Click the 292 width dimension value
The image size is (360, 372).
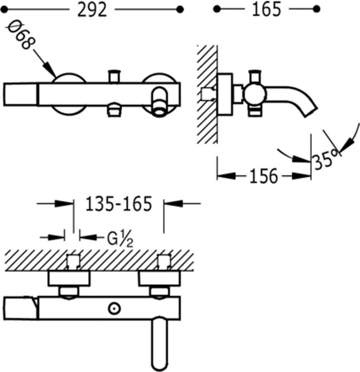(92, 10)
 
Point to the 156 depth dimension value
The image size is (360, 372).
(264, 176)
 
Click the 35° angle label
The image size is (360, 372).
(326, 159)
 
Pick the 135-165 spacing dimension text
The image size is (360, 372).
(119, 204)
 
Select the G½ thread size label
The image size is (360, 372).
(120, 239)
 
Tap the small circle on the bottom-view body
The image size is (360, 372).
(113, 308)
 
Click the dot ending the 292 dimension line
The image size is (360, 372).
(179, 9)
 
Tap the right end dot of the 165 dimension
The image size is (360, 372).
(317, 9)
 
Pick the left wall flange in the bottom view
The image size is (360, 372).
(69, 278)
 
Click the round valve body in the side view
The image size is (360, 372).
(252, 95)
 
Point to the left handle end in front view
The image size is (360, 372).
(21, 95)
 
